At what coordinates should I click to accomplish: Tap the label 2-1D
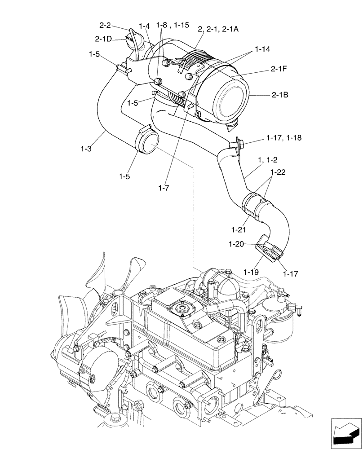pos(104,39)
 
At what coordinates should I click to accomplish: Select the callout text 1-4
pos(145,27)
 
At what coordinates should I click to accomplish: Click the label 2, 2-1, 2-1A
pos(218,29)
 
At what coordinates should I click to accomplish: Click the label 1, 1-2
pos(268,160)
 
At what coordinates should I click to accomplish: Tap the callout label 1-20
pos(236,244)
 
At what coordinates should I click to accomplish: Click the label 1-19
pos(252,272)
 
